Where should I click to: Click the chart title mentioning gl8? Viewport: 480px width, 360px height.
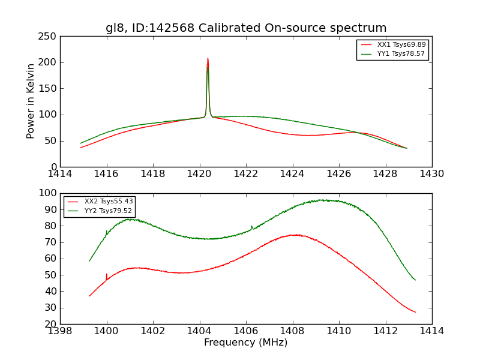tap(246, 28)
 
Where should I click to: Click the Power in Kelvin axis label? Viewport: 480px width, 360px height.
tap(31, 101)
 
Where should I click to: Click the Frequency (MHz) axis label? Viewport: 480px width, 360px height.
tap(246, 343)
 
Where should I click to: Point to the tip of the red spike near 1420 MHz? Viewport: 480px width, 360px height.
tap(208, 59)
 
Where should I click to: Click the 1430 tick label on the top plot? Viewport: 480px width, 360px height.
tap(431, 173)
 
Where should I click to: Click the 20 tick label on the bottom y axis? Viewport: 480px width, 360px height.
tap(50, 325)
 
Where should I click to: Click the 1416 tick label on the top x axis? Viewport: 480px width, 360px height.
tap(107, 173)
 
